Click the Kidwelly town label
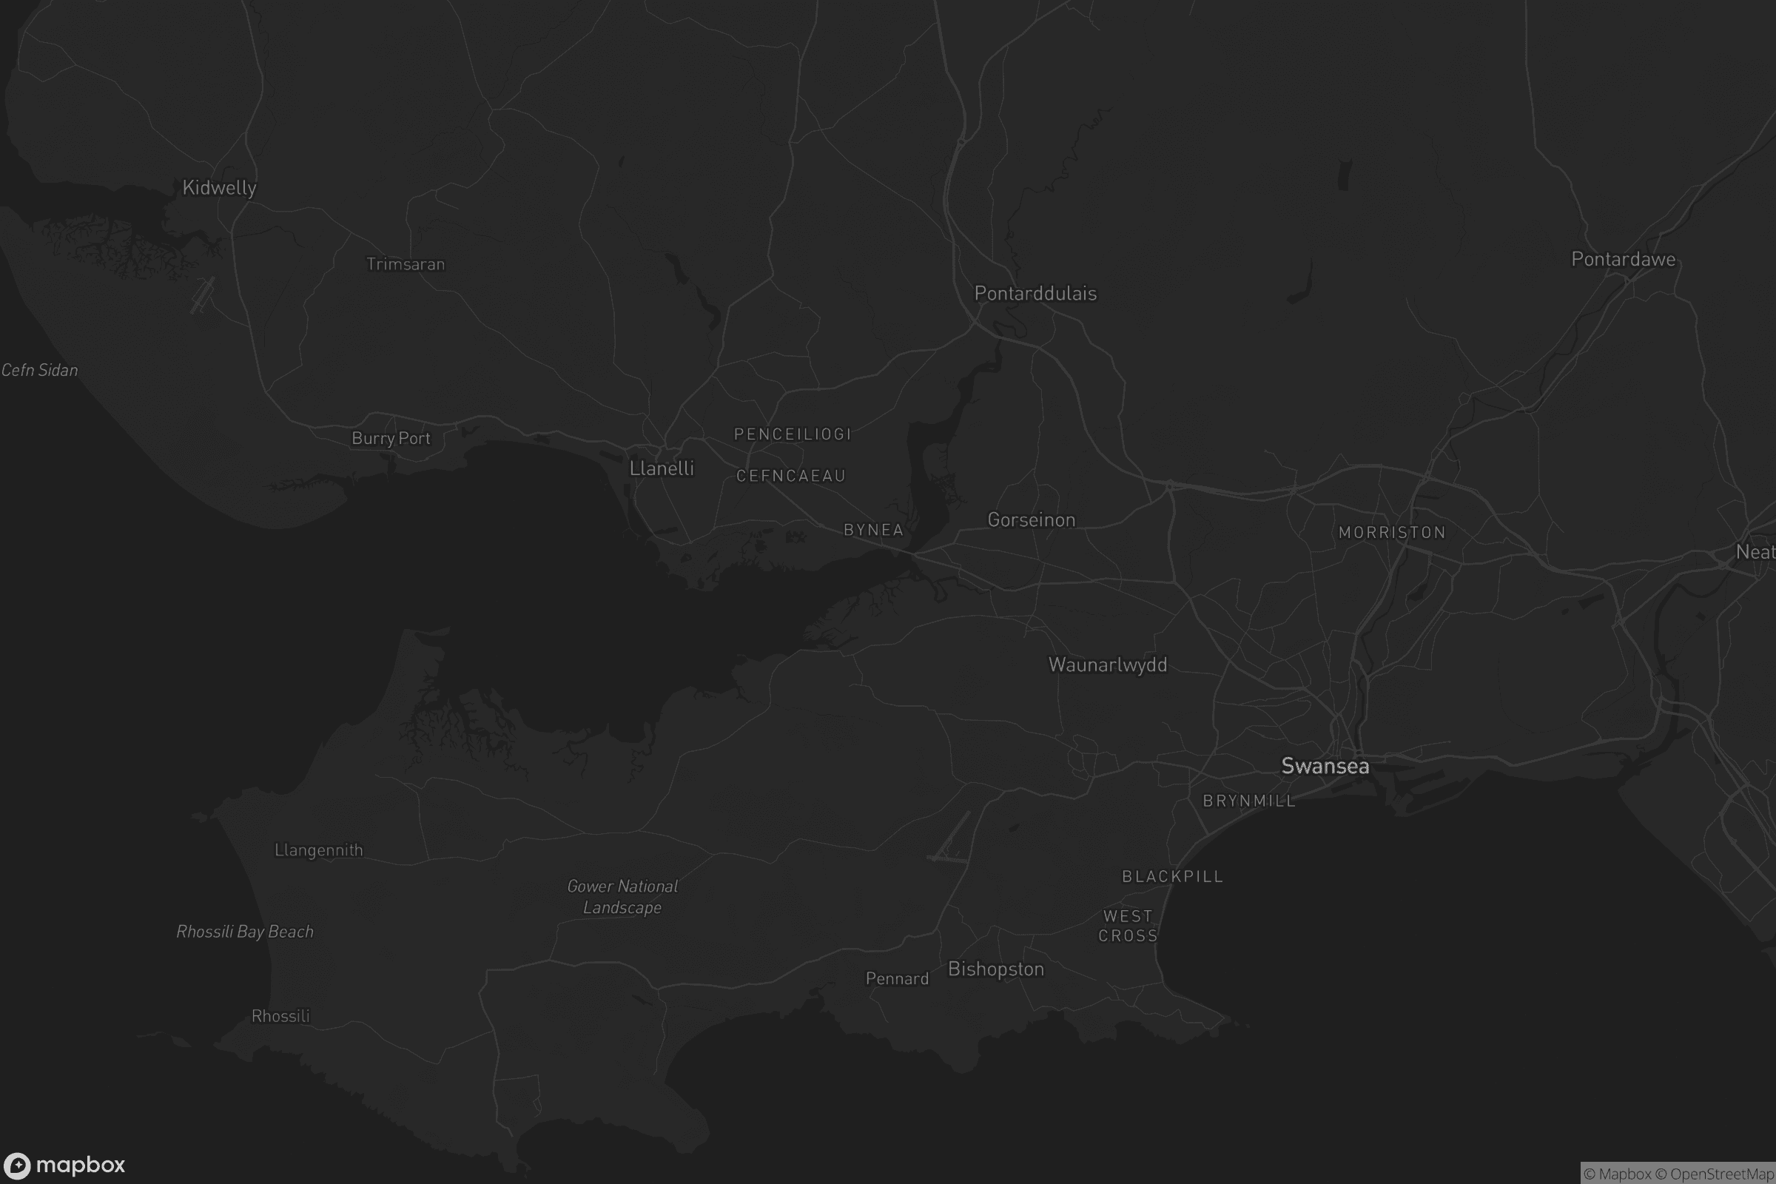point(219,187)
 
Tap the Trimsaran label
point(406,264)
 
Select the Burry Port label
point(391,438)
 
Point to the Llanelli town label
point(662,468)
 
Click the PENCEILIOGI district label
point(793,434)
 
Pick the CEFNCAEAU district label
point(790,476)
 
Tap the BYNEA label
point(874,530)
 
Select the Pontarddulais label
point(1035,293)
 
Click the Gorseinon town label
point(1032,519)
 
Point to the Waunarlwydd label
point(1108,665)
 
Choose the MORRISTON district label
point(1393,532)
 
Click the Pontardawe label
point(1624,259)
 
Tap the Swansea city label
point(1325,766)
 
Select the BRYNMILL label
point(1249,801)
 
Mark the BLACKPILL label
point(1173,876)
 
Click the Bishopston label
point(996,969)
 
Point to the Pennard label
point(897,978)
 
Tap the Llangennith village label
point(319,850)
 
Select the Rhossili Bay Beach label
point(245,931)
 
